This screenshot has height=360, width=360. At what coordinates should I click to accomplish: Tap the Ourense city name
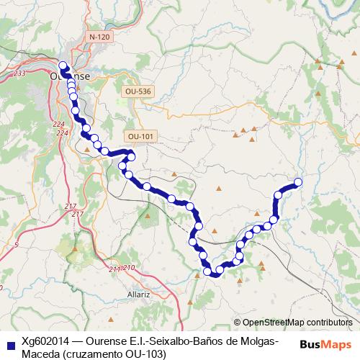click(71, 75)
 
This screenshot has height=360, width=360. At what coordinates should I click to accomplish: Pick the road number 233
click(19, 73)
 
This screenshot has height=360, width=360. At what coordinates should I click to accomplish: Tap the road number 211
click(115, 269)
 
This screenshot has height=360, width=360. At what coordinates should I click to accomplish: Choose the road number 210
click(129, 268)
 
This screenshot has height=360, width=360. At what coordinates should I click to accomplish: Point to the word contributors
click(329, 323)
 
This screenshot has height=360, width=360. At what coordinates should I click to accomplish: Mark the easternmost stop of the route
click(297, 182)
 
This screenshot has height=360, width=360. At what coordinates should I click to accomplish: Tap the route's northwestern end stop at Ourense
click(62, 67)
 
